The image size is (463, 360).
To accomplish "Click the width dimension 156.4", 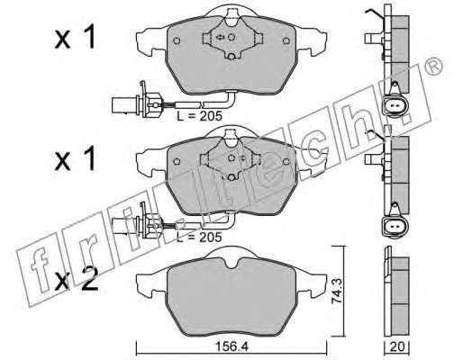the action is [x=232, y=346].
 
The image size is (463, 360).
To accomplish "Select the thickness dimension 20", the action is [x=397, y=346].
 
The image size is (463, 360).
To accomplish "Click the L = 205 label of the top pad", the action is [x=199, y=115].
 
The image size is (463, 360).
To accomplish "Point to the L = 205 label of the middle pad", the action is [x=199, y=237].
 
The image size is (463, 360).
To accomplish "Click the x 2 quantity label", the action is [x=77, y=279].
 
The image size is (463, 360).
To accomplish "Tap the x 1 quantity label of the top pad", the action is [x=75, y=37].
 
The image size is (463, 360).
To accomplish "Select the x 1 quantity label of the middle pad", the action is [x=75, y=158].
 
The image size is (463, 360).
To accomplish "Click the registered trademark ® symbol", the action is [x=434, y=67].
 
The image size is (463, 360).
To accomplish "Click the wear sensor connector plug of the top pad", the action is [x=137, y=103].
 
